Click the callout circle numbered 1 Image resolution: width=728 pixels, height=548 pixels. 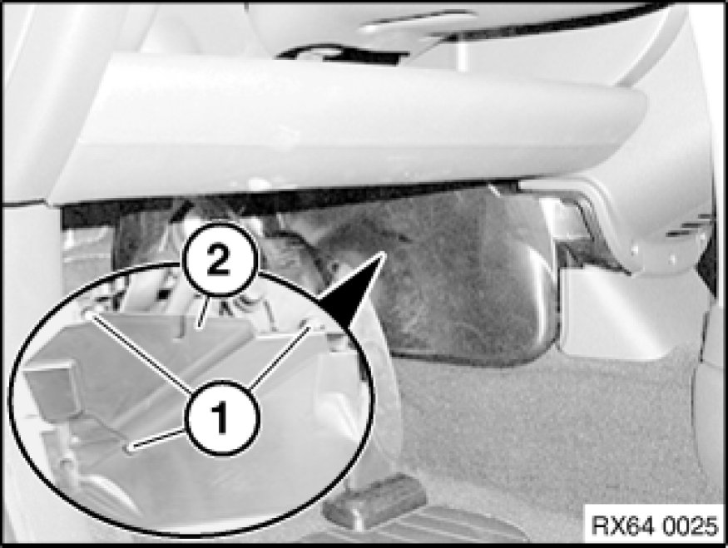click(222, 418)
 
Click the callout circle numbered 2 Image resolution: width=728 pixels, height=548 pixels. click(218, 260)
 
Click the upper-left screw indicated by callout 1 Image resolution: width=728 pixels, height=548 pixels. click(87, 315)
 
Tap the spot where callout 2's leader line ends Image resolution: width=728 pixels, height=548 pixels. click(199, 326)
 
